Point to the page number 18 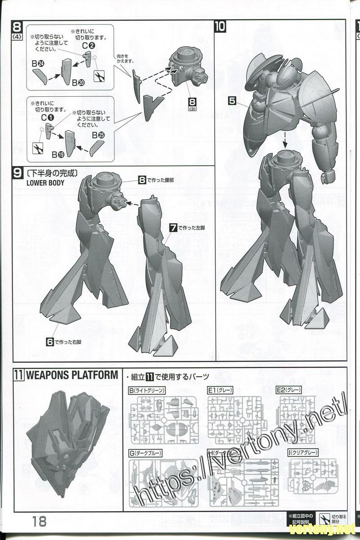click(x=39, y=521)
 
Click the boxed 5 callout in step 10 click(x=232, y=101)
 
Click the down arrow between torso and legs click(x=285, y=142)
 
